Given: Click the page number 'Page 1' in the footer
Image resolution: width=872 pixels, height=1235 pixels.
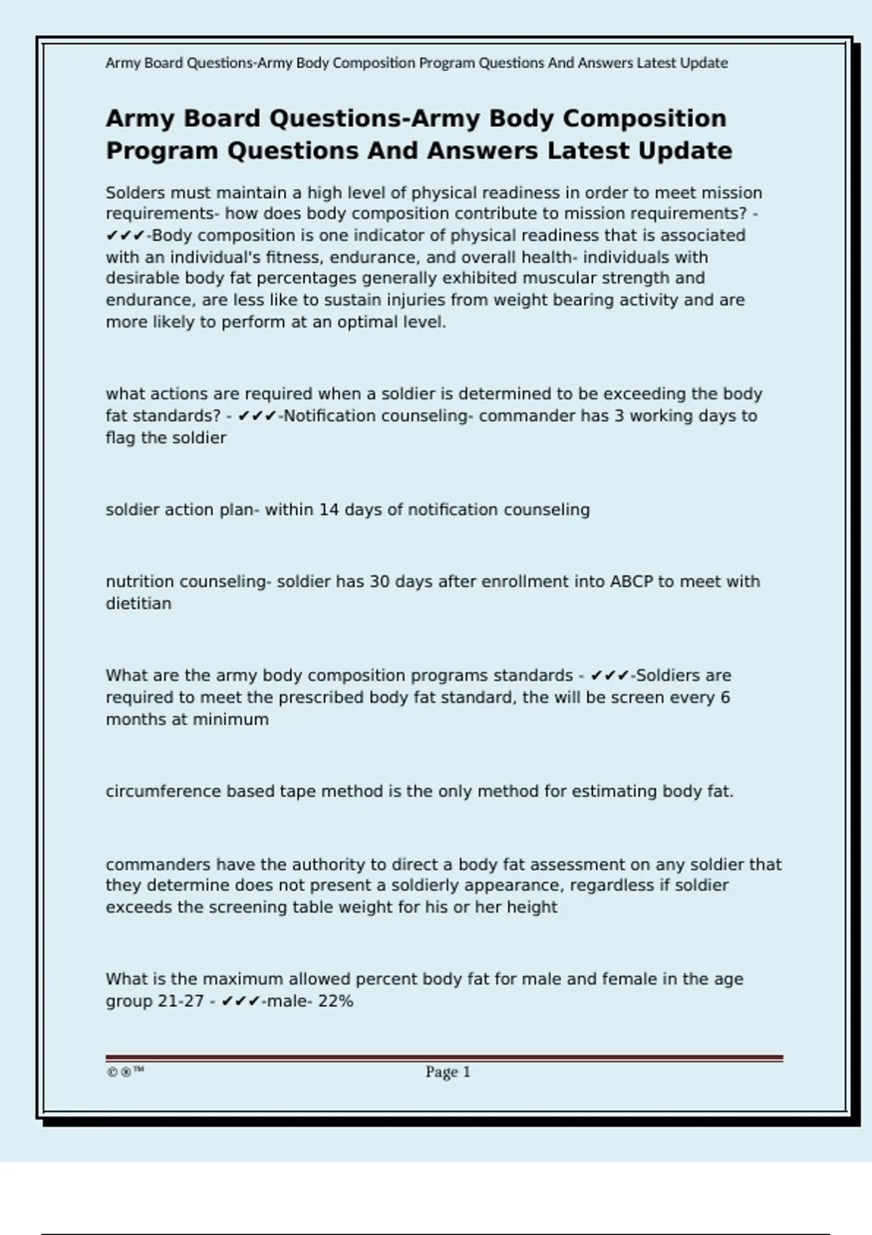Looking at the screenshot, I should point(448,1072).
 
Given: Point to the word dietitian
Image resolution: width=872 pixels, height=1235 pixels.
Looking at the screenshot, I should point(139,604).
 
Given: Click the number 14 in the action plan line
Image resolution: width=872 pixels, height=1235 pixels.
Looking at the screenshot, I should point(329,510).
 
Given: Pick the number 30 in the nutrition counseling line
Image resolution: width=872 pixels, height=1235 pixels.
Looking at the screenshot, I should point(380,582).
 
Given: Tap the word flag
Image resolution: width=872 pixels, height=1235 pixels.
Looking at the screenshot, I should point(121,438).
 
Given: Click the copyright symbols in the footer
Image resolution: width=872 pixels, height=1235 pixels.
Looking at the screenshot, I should point(125,1072).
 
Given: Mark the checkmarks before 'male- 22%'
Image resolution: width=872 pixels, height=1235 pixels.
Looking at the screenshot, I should point(241,1001).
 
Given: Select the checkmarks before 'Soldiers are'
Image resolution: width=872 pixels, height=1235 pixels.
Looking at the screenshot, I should point(610,676).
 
